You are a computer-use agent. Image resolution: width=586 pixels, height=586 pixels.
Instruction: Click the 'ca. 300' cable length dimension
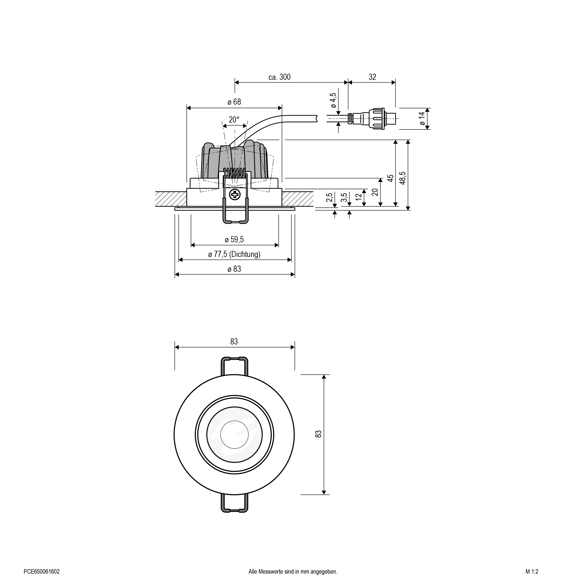[279, 77]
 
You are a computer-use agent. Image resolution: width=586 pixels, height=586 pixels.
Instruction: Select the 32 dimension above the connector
[372, 77]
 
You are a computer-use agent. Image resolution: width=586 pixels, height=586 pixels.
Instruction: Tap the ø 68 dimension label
[234, 102]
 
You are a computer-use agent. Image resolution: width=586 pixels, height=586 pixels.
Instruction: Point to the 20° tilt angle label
[234, 120]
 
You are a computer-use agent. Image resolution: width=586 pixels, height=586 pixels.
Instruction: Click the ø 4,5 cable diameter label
[333, 100]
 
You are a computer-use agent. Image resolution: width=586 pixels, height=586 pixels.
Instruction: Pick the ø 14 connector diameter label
[422, 119]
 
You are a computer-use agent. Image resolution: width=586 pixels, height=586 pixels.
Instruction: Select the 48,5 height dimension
[402, 178]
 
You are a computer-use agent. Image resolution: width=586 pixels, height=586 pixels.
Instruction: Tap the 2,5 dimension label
[329, 197]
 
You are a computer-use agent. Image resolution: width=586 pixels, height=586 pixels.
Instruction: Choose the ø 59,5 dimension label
[234, 240]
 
